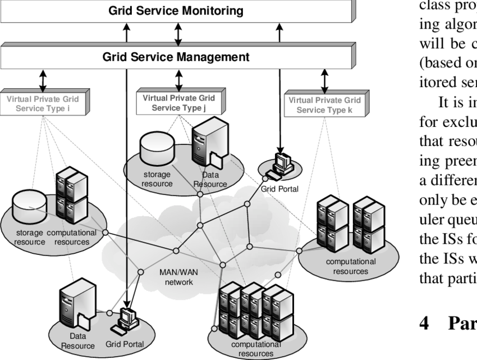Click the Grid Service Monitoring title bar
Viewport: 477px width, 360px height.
point(176,11)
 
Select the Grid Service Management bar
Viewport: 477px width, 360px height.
point(176,57)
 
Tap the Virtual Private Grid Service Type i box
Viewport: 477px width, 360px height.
point(43,104)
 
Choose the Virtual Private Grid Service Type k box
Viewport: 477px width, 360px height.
point(324,105)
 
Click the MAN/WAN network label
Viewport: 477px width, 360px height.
point(178,277)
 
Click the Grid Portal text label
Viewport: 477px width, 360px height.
point(125,344)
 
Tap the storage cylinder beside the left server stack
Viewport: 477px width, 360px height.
point(28,207)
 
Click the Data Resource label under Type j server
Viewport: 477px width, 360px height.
point(210,180)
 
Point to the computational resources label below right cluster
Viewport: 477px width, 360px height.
point(350,267)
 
